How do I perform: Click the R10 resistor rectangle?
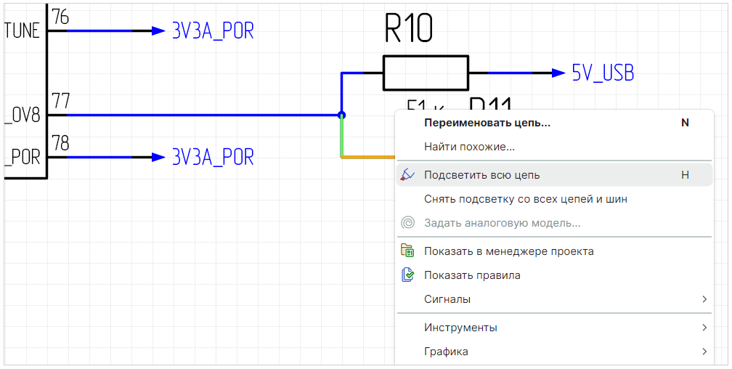[x=426, y=73]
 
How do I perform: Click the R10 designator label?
[x=408, y=30]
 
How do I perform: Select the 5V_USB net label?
[x=603, y=73]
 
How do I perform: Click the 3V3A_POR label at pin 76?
[x=213, y=31]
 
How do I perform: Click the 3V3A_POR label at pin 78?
[x=213, y=157]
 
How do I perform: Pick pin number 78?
[x=61, y=143]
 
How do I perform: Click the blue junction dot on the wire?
[x=341, y=115]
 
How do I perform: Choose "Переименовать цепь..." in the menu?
[x=487, y=123]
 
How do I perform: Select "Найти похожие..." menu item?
[x=469, y=147]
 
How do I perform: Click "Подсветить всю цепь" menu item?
[x=481, y=175]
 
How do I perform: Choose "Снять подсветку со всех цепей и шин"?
[x=525, y=199]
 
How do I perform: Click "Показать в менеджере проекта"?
[x=508, y=251]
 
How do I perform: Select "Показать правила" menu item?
[x=472, y=275]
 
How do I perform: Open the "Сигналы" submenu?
[x=447, y=299]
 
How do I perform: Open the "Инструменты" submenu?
[x=460, y=328]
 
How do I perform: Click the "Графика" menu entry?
[x=446, y=352]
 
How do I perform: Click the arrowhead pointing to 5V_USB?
[x=558, y=73]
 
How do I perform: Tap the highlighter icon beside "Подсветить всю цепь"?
[x=407, y=174]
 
